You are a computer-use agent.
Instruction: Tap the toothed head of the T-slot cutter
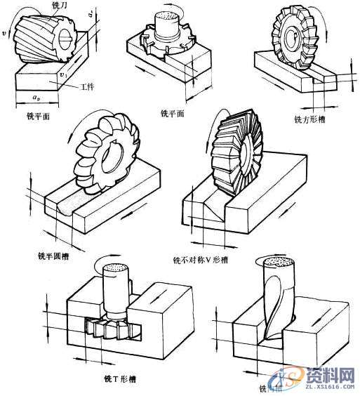109,326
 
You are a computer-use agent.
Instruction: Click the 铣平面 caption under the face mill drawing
172,113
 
